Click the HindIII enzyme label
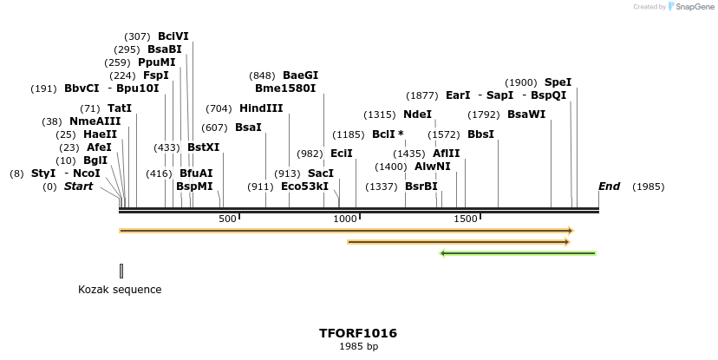pyautogui.click(x=261, y=108)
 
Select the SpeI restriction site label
pyautogui.click(x=558, y=82)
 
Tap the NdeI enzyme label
pyautogui.click(x=417, y=115)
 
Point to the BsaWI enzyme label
pyautogui.click(x=526, y=115)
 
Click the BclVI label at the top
pyautogui.click(x=173, y=36)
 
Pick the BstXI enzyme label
pyautogui.click(x=203, y=147)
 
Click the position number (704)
pyautogui.click(x=219, y=108)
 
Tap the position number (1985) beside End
pyautogui.click(x=649, y=187)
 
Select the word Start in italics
pyautogui.click(x=78, y=187)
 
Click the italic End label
pyautogui.click(x=609, y=187)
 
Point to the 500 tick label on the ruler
pyautogui.click(x=227, y=219)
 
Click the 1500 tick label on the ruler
pyautogui.click(x=466, y=219)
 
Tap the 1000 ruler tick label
pyautogui.click(x=346, y=219)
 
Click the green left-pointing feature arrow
pyautogui.click(x=518, y=253)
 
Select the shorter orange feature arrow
pyautogui.click(x=458, y=242)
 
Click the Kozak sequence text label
pyautogui.click(x=120, y=290)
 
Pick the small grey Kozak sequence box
pyautogui.click(x=121, y=271)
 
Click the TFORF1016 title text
pyautogui.click(x=358, y=333)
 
